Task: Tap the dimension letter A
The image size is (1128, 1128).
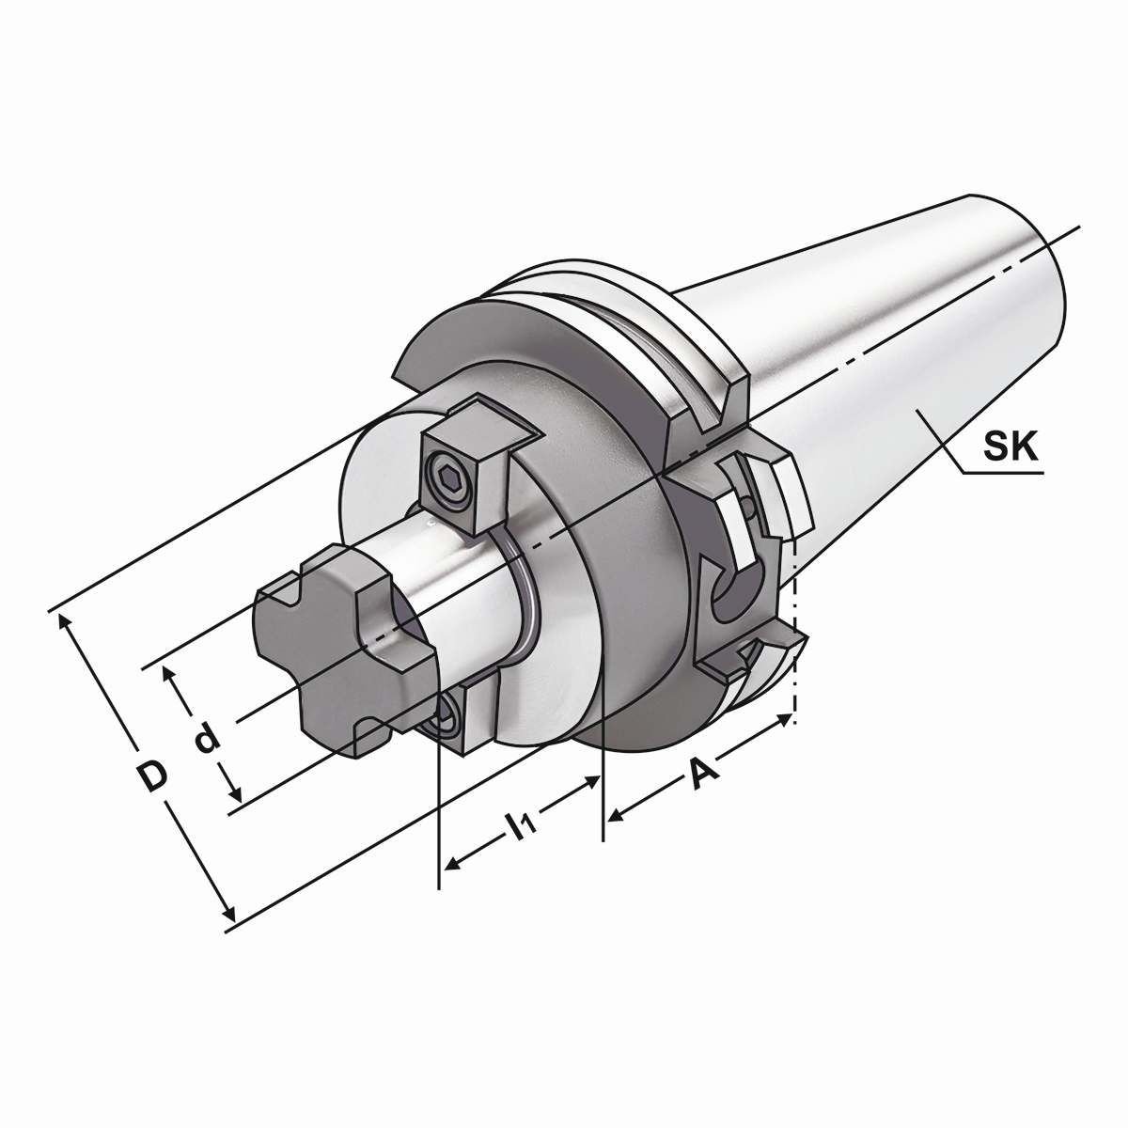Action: click(x=704, y=773)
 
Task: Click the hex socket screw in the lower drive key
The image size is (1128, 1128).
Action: click(x=446, y=719)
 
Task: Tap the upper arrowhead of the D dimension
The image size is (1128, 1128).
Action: click(x=66, y=621)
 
